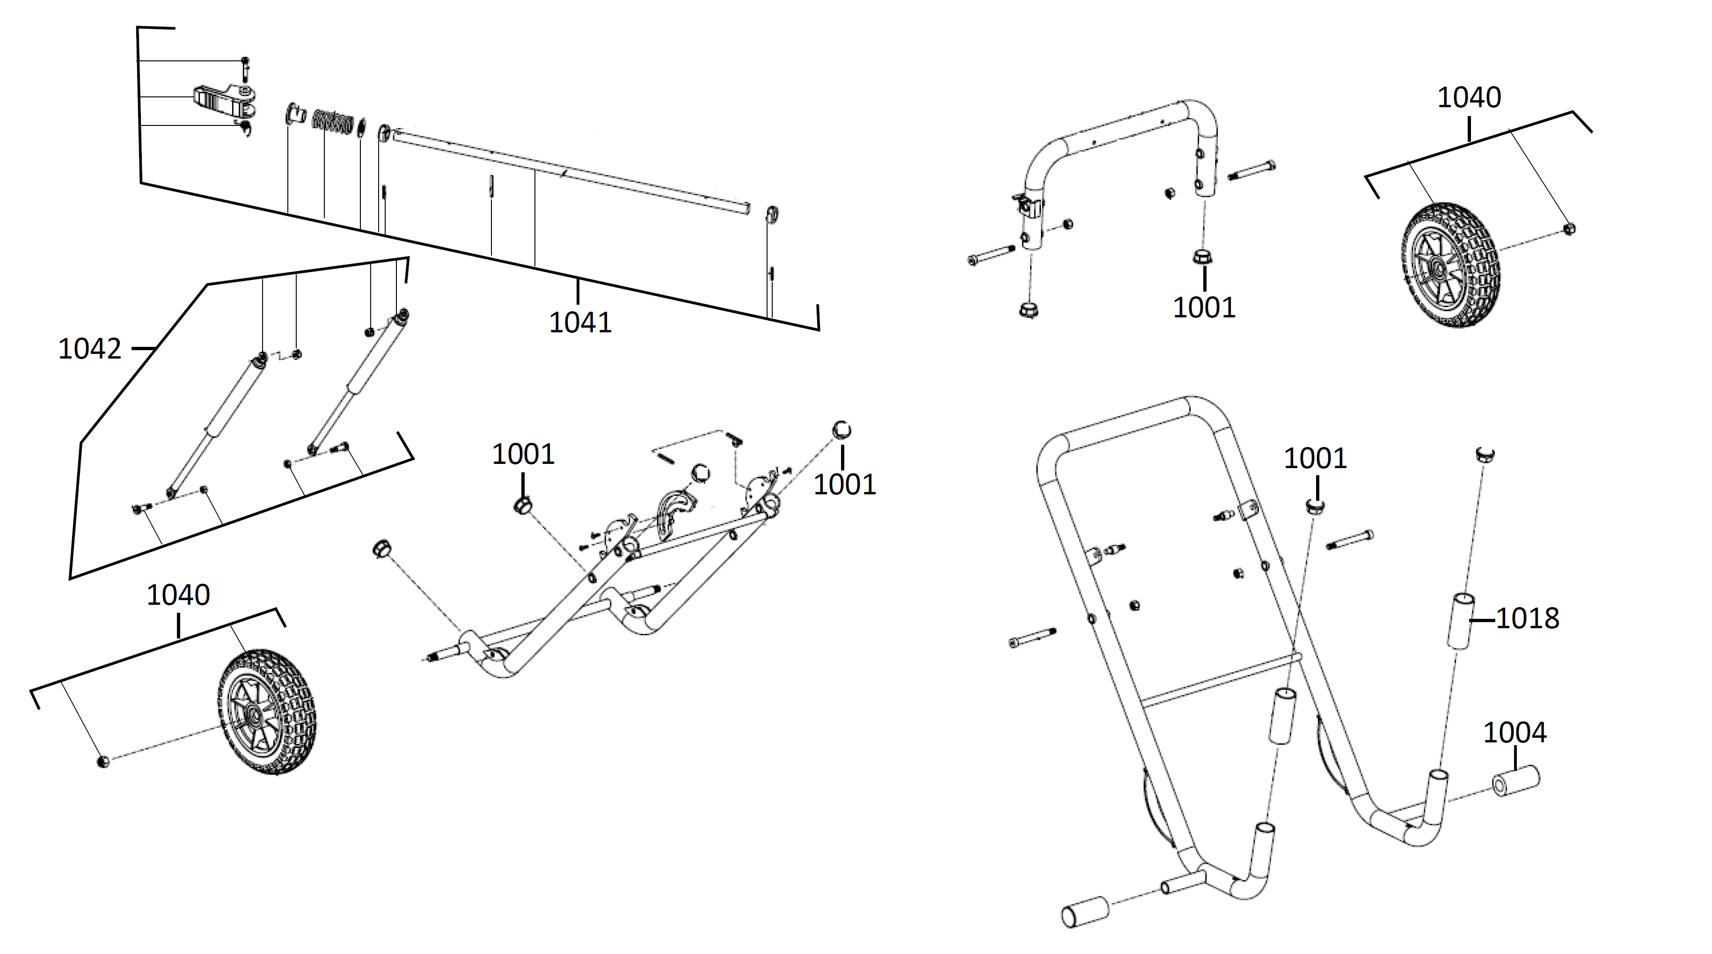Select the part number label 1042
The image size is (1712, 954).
pyautogui.click(x=90, y=348)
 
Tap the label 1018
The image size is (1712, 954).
pyautogui.click(x=1527, y=619)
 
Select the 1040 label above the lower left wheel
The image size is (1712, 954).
pyautogui.click(x=178, y=595)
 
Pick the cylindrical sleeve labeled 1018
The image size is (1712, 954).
pyautogui.click(x=1461, y=621)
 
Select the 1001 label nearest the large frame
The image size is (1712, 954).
pyautogui.click(x=1315, y=459)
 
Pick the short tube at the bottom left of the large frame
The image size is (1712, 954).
pyautogui.click(x=1086, y=911)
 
